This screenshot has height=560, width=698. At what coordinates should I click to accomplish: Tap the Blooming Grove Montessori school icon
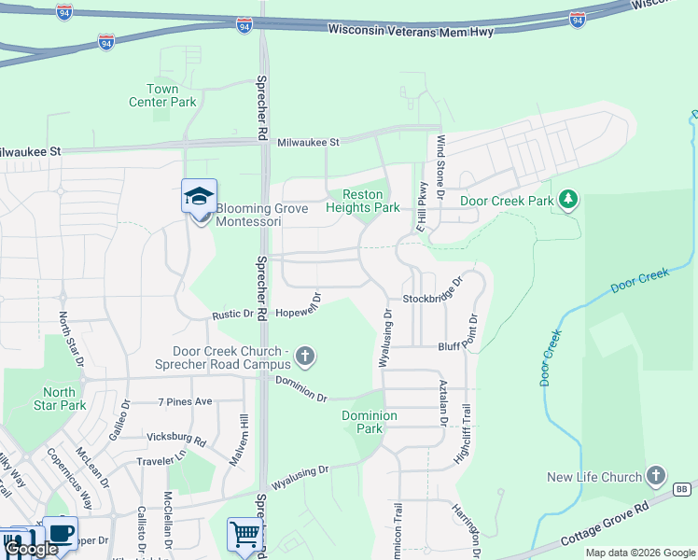pos(199,196)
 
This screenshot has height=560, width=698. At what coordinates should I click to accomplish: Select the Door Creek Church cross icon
pos(305,356)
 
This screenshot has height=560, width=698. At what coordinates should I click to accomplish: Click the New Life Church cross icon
pos(656,476)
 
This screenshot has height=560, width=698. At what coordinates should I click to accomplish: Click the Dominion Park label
pos(370,422)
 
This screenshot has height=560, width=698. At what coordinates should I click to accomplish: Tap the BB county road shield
pos(681,489)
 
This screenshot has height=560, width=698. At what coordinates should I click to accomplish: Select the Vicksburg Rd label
pos(175,437)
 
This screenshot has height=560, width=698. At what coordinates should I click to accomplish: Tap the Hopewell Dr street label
pos(300,304)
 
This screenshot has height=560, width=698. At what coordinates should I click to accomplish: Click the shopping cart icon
pos(244,534)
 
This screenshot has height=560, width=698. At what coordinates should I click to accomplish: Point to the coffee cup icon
pos(61,534)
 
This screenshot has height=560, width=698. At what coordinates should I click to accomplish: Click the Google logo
pos(32,549)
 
